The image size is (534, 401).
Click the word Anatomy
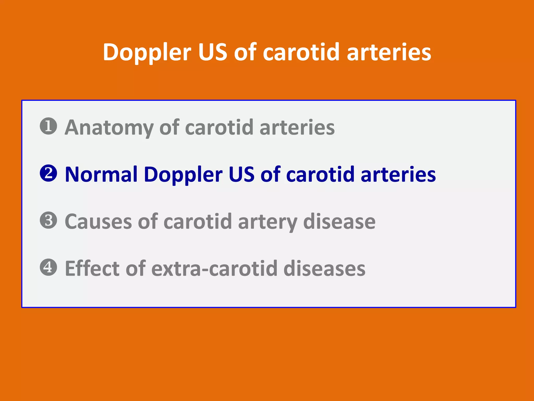pos(109,128)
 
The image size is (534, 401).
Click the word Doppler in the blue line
pos(183,175)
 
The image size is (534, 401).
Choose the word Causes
pos(98,222)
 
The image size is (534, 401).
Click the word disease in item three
pos(339,222)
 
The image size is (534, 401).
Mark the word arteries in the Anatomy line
pos(297,128)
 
